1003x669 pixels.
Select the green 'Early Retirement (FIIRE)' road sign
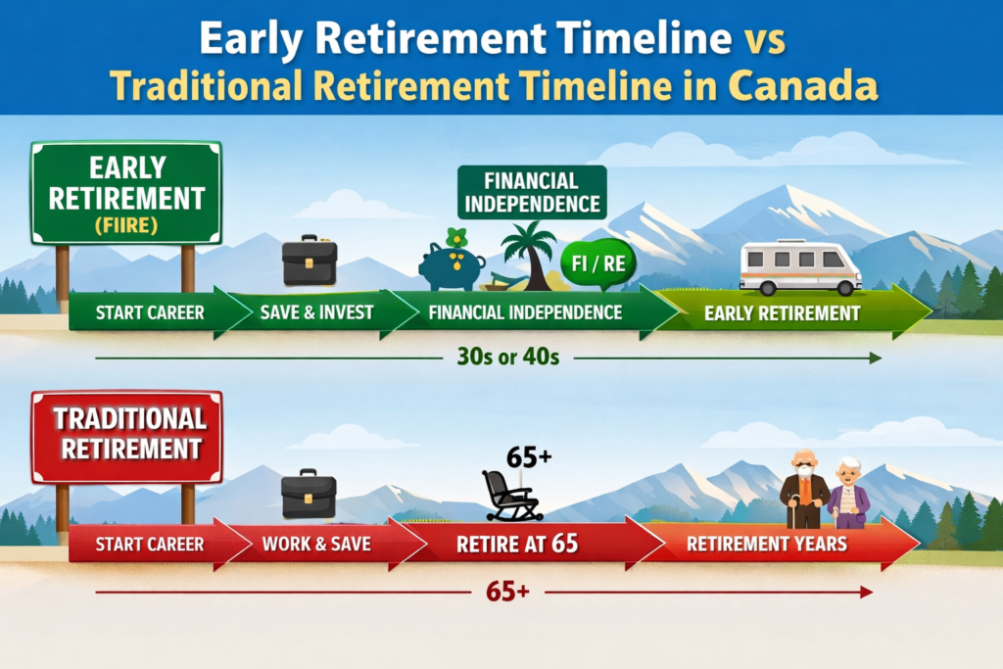[x=126, y=192]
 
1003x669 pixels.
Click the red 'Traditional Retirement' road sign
[x=127, y=435]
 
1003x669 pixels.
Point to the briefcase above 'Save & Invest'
[x=310, y=261]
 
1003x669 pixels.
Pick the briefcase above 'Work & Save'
[x=309, y=494]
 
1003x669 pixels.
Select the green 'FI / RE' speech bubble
[x=595, y=263]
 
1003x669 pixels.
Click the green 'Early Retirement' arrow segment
[x=784, y=313]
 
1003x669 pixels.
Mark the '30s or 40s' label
[x=507, y=358]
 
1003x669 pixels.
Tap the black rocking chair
[x=510, y=496]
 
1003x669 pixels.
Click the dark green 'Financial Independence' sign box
[x=530, y=192]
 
